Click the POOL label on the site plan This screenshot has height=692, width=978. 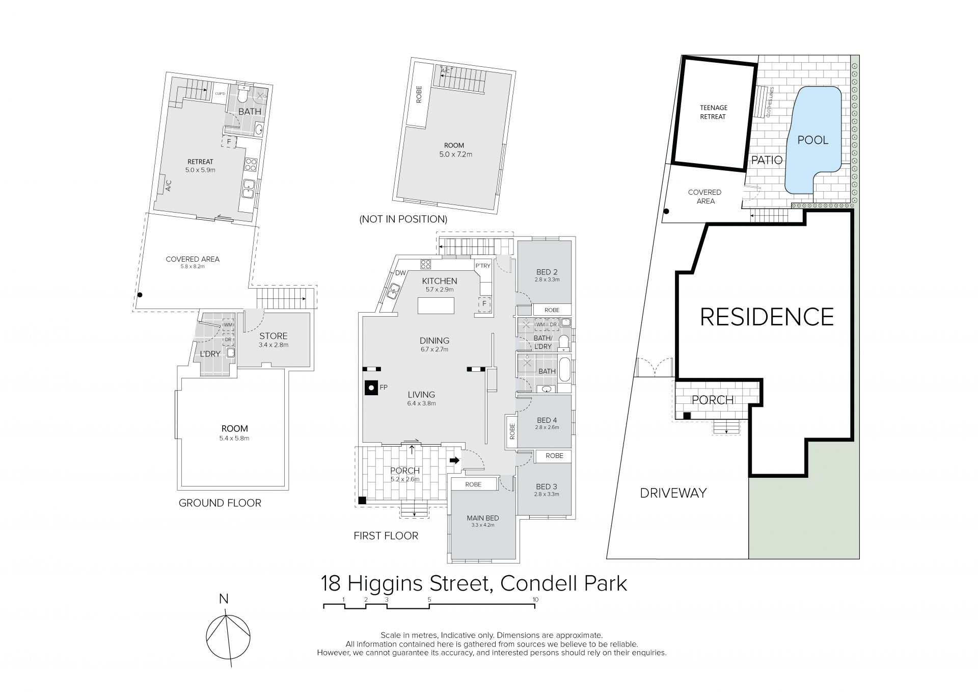813,140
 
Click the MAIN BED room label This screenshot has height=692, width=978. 483,518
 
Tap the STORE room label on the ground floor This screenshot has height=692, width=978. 274,336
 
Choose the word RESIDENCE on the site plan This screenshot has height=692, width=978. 767,317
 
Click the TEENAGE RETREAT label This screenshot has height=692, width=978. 713,112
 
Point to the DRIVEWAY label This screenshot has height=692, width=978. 673,493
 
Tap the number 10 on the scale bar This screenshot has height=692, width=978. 535,600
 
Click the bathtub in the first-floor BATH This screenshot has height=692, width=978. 565,369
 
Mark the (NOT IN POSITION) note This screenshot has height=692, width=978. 403,219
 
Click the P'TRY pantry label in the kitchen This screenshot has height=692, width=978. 482,266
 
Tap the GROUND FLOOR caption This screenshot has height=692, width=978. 220,503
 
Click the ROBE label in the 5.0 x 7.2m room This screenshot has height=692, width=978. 419,95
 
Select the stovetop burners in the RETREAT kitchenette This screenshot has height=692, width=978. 251,164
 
